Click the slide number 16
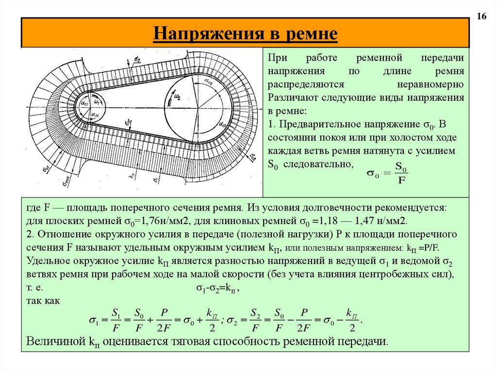(x=482, y=17)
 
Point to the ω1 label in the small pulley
(x=97, y=102)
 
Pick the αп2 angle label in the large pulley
(x=209, y=81)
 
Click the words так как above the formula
(x=43, y=301)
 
